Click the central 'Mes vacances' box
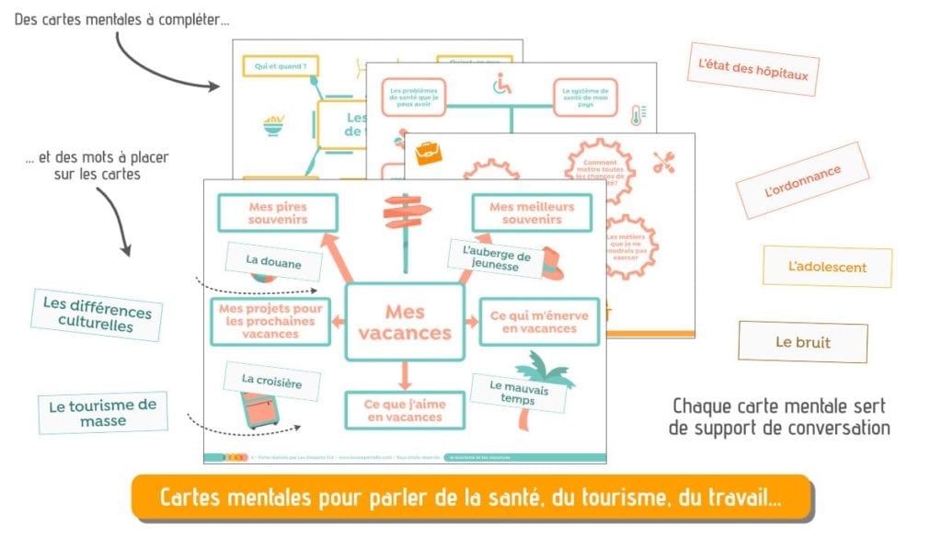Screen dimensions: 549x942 click(x=404, y=322)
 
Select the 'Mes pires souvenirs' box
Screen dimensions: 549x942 click(x=278, y=212)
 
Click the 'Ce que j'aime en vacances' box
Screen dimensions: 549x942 click(x=403, y=410)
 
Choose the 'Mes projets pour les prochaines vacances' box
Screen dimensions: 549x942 click(x=270, y=321)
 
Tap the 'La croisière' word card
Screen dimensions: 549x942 click(x=273, y=379)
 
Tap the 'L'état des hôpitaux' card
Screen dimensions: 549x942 click(x=752, y=69)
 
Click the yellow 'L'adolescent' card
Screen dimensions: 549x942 click(x=827, y=267)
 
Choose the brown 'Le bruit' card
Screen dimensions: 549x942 click(x=802, y=342)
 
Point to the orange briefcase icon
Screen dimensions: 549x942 click(x=430, y=154)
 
